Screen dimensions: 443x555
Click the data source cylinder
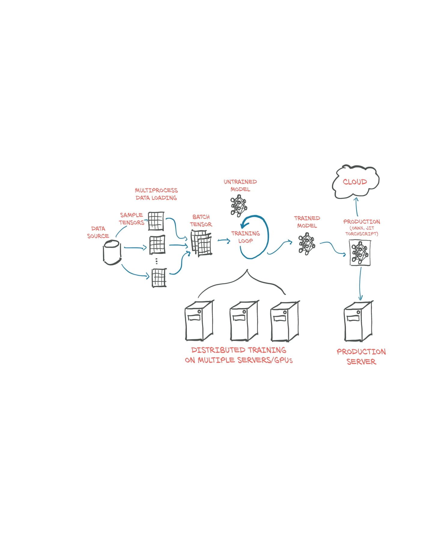coord(112,252)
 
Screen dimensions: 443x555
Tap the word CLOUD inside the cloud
coord(355,182)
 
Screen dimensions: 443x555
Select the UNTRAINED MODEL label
coord(240,185)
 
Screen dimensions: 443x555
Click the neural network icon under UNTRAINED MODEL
coord(239,205)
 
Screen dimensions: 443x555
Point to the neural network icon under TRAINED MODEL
coord(307,244)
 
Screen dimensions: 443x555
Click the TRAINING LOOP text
coord(245,237)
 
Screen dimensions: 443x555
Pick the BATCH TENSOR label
coord(201,220)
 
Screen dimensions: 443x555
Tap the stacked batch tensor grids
coord(201,243)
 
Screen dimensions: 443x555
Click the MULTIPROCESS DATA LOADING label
coord(156,194)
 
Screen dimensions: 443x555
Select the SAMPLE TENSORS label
coord(132,219)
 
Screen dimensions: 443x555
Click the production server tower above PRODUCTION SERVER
coord(358,321)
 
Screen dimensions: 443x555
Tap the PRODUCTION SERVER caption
coord(361,356)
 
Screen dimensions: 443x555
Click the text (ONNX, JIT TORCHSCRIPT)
coord(362,231)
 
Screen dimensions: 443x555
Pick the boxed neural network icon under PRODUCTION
coord(360,253)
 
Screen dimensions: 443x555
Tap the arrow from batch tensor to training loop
coord(224,240)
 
